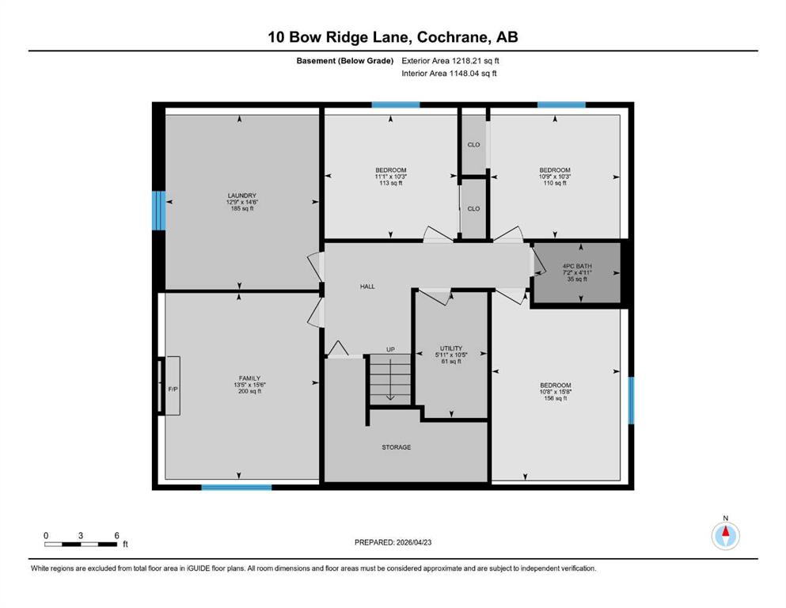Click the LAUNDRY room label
(x=241, y=196)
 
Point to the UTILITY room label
(x=451, y=348)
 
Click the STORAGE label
(x=397, y=447)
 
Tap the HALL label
(x=367, y=287)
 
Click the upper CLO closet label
(x=473, y=145)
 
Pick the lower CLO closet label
(x=473, y=209)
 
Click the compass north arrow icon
(x=725, y=536)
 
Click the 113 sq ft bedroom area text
(x=390, y=184)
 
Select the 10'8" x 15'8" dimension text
(x=555, y=392)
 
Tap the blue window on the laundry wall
(x=159, y=211)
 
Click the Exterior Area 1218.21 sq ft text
(x=450, y=60)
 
